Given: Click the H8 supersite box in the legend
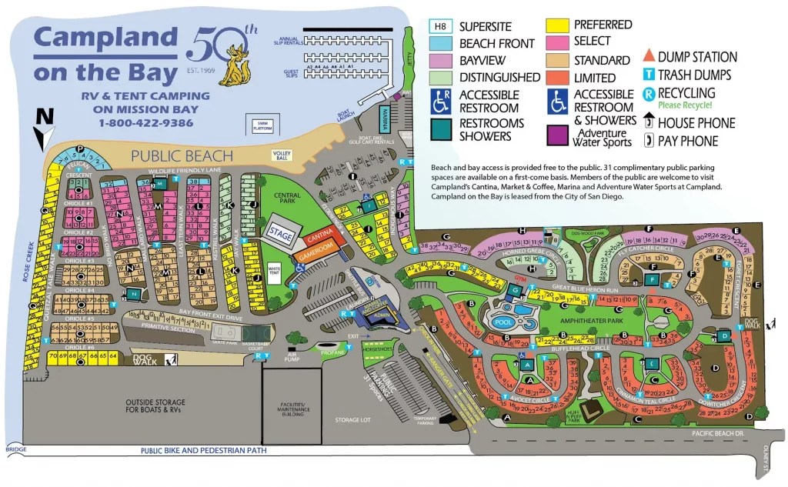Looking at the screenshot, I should click(x=440, y=25).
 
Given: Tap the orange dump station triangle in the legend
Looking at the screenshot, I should click(x=649, y=56).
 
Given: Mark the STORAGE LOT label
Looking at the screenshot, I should click(x=353, y=421).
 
